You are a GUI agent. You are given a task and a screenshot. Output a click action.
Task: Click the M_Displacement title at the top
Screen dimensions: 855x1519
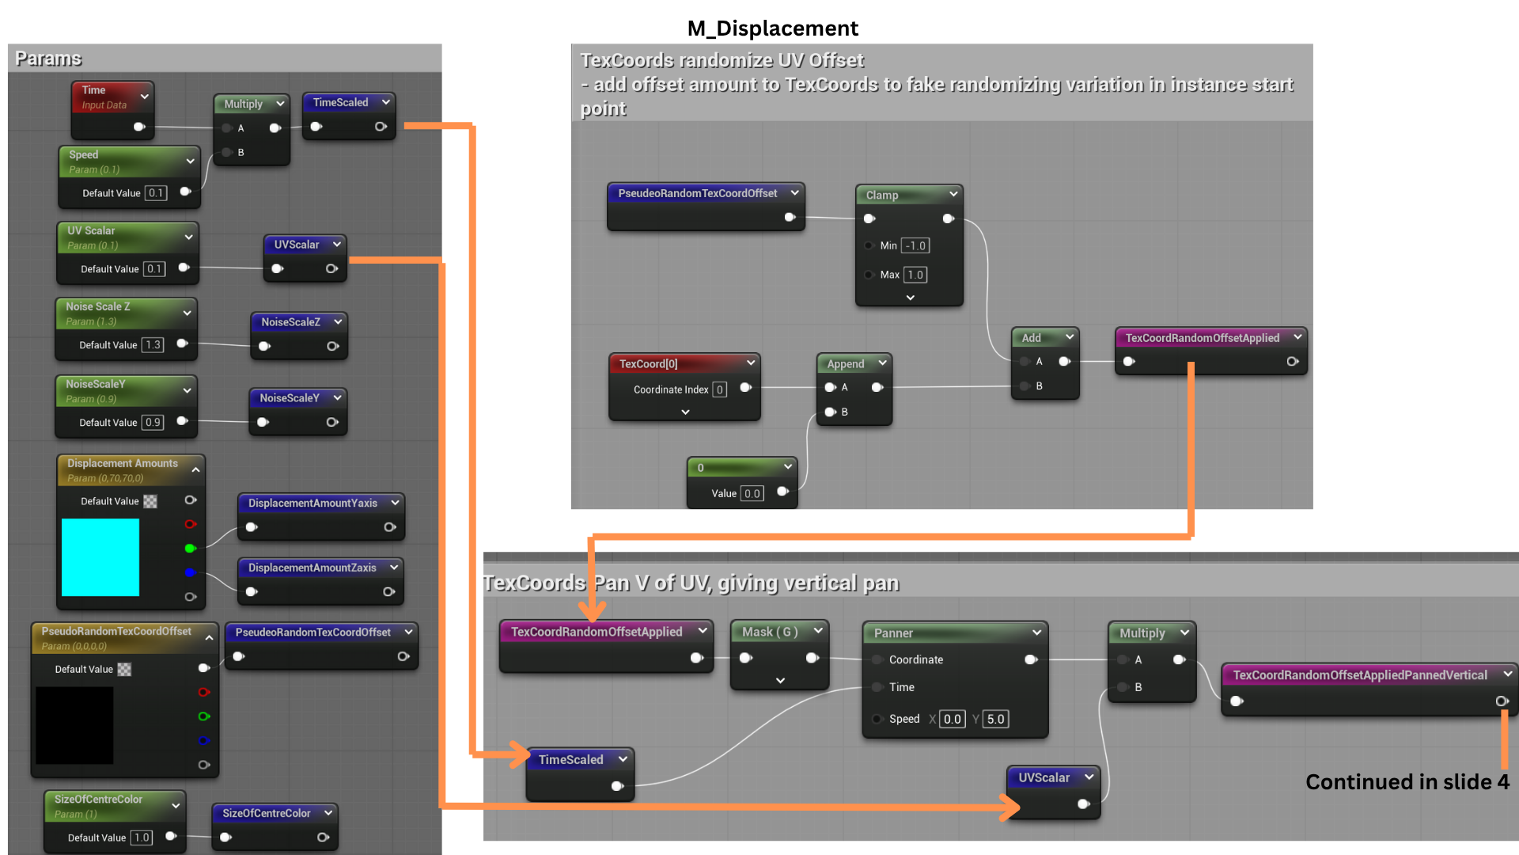772,28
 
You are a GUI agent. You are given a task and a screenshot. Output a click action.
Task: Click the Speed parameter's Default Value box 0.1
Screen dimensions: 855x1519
156,193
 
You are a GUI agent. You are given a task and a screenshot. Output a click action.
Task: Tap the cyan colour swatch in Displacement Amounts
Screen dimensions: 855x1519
100,557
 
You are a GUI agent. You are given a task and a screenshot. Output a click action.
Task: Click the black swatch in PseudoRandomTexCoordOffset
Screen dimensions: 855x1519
74,725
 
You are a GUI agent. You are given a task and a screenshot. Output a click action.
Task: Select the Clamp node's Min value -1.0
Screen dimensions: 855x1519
915,246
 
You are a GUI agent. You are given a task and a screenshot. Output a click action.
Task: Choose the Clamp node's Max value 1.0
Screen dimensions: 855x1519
915,275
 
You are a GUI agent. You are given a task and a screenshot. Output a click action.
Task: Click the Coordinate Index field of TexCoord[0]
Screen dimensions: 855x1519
719,389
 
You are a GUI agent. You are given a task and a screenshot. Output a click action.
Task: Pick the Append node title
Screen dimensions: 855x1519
846,364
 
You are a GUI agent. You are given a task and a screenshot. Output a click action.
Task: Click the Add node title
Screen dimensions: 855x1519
1032,338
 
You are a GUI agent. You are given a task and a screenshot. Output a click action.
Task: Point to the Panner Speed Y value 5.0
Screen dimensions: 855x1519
996,720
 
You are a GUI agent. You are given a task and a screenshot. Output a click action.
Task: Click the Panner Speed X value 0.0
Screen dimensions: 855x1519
953,720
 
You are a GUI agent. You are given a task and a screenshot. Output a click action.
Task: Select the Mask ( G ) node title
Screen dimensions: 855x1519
770,632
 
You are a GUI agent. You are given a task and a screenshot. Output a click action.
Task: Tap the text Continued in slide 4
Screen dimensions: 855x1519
1407,782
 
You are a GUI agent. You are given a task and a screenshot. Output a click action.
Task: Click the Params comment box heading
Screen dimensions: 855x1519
48,59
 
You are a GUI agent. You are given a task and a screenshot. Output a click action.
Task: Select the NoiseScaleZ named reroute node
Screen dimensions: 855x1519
291,322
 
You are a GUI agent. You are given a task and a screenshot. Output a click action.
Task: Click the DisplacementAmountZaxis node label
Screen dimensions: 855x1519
313,568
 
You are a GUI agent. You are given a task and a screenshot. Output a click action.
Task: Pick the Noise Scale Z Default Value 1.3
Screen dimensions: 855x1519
153,345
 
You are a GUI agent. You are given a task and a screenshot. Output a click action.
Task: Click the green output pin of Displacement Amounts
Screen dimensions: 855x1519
190,548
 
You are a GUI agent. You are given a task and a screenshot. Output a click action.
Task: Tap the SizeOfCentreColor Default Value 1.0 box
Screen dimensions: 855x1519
142,838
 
